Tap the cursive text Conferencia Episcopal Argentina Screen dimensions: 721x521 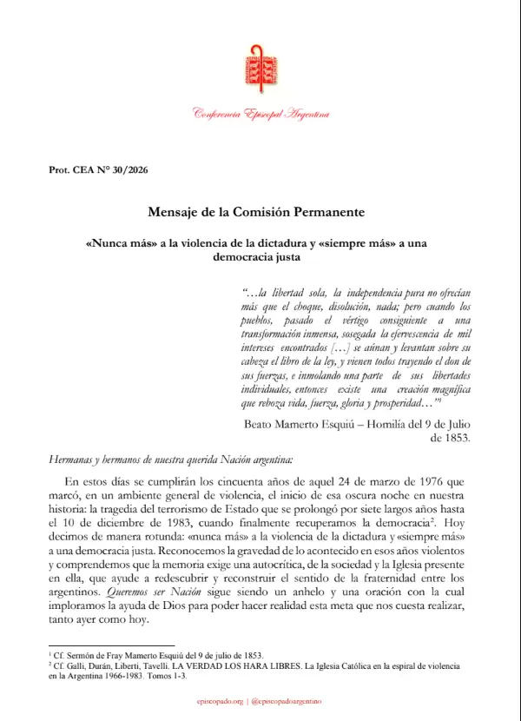[260, 115]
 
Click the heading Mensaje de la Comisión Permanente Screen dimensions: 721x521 [260, 212]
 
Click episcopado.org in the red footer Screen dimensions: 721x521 [221, 701]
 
